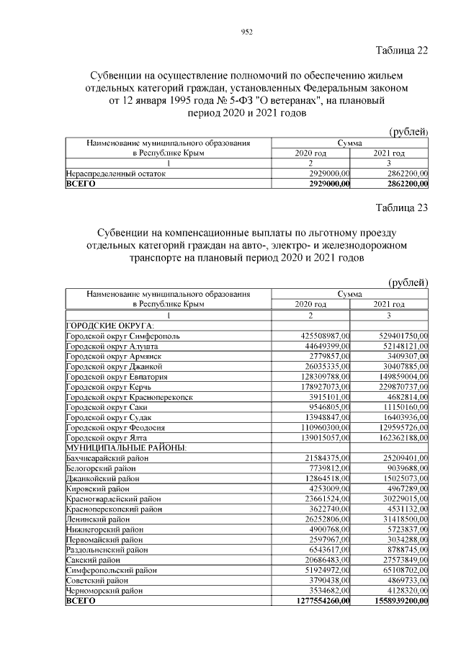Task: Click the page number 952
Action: pyautogui.click(x=245, y=31)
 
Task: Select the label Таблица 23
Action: pyautogui.click(x=402, y=209)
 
